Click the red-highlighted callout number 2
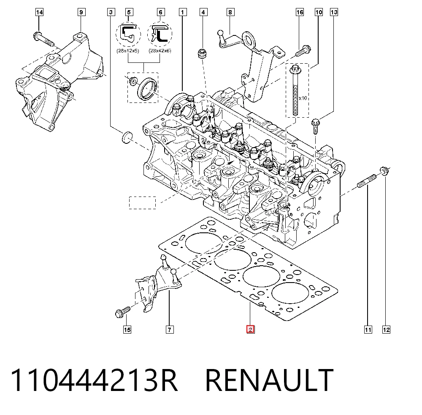coord(250,329)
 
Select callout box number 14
coord(39,12)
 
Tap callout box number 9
coord(81,12)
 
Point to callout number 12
coord(386,329)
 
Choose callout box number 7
coord(170,329)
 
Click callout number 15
coord(127,329)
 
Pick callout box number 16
coord(300,12)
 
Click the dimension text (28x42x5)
coord(128,51)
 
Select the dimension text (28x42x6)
coord(160,51)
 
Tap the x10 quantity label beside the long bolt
coord(303,98)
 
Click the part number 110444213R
coord(94,380)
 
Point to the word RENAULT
coord(269,380)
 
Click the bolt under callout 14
coord(43,39)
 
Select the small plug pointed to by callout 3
coord(127,137)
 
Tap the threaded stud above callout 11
coord(367,181)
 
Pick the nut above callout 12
coord(384,171)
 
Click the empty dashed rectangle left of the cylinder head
coord(142,202)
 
